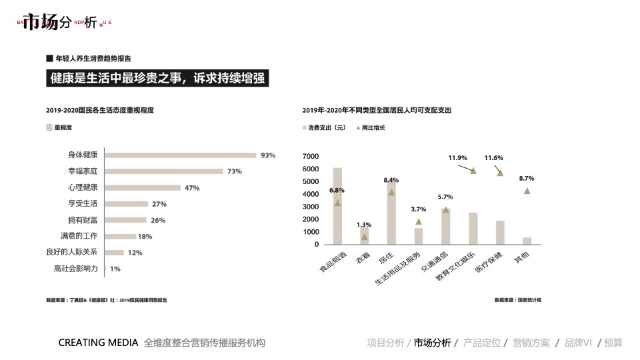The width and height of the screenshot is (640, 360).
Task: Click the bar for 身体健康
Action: tap(181, 155)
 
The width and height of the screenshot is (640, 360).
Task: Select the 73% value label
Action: tap(234, 171)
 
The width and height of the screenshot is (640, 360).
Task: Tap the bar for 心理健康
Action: tap(143, 188)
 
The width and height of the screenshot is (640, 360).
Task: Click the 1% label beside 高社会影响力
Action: tap(115, 269)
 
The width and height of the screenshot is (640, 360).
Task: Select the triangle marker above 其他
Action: tap(527, 191)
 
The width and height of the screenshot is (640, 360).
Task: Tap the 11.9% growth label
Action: tap(457, 158)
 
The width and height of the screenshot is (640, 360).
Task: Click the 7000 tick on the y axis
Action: tap(311, 156)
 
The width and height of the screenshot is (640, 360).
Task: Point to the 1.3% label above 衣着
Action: tap(363, 225)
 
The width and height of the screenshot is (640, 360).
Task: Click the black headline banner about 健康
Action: tap(157, 78)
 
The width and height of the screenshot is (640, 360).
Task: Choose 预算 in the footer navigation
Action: tap(613, 343)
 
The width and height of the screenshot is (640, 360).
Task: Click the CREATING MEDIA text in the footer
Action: tap(98, 343)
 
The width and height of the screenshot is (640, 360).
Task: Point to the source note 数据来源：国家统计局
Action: tap(517, 300)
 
